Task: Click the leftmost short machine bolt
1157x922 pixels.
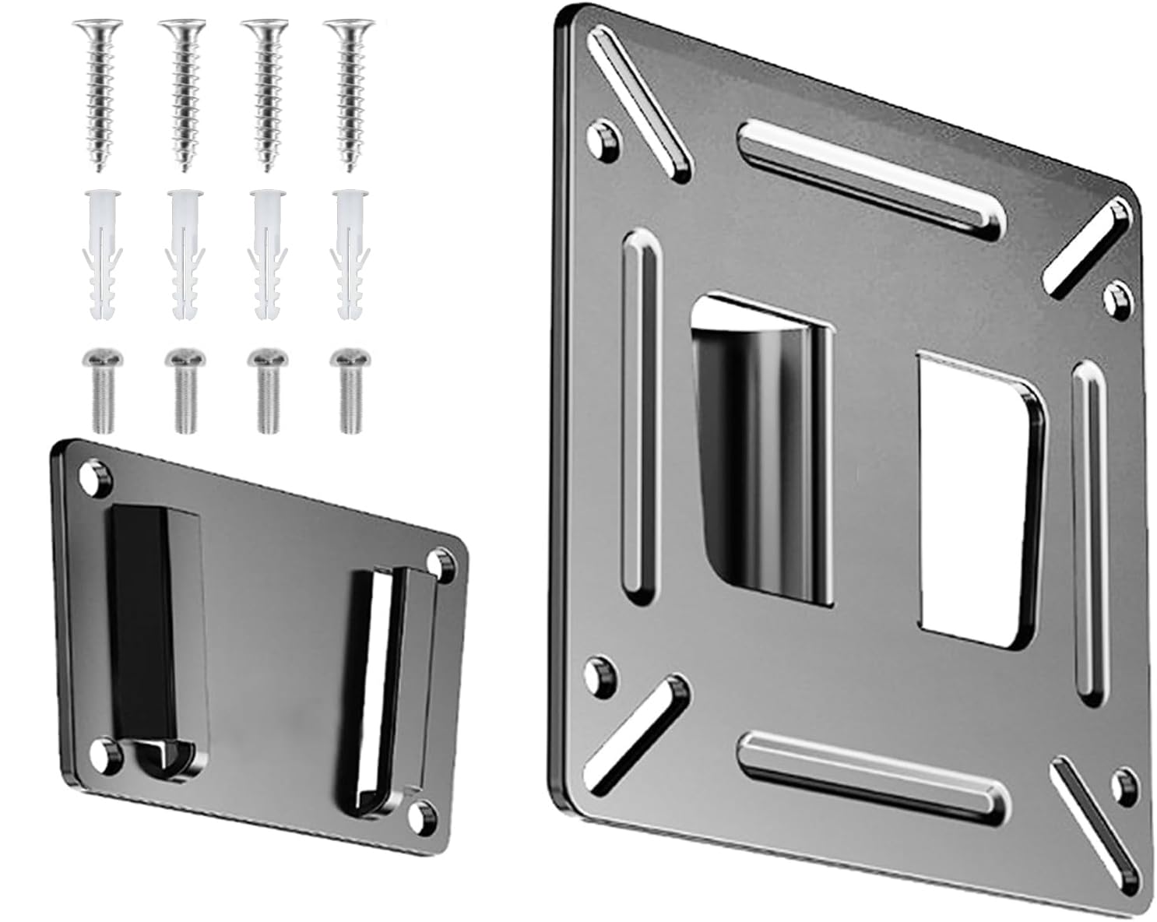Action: point(100,389)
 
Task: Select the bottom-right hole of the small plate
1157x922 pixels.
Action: point(424,815)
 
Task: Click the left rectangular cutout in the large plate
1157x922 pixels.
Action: point(761,452)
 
